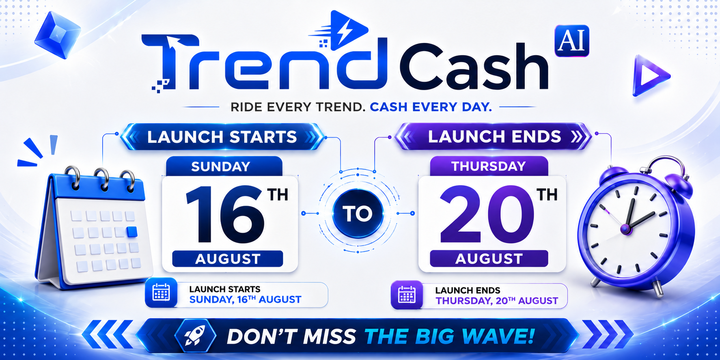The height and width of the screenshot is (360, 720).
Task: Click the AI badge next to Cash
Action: coord(571,41)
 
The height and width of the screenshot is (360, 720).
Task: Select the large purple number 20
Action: coord(487,214)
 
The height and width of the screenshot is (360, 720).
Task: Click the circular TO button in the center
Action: coord(358,213)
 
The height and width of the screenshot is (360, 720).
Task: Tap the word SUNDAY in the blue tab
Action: coord(220,166)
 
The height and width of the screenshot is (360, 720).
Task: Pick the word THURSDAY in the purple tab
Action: coord(489,166)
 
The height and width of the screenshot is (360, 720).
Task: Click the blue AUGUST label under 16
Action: coord(228,259)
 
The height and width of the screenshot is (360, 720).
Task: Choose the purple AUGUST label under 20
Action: coord(489,259)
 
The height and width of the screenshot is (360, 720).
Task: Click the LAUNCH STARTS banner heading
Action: coord(222,137)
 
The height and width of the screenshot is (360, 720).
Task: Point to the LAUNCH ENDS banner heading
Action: coord(494,137)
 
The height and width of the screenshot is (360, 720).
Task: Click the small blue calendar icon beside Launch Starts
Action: coord(161,293)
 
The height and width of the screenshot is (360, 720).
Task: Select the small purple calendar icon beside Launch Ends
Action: coord(407,295)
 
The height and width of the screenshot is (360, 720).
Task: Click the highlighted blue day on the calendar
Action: coord(132,232)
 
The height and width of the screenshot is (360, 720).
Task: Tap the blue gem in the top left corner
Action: coord(57,34)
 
